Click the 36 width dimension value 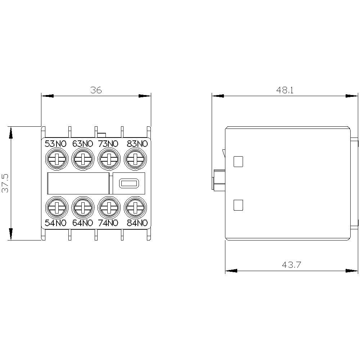pyautogui.click(x=96, y=90)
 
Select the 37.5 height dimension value pyautogui.click(x=5, y=183)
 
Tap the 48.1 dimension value pyautogui.click(x=285, y=90)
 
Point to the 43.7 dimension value pyautogui.click(x=291, y=265)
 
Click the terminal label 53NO pyautogui.click(x=55, y=144)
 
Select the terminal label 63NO pyautogui.click(x=82, y=144)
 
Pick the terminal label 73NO pyautogui.click(x=108, y=144)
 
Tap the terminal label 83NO pyautogui.click(x=137, y=144)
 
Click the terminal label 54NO pyautogui.click(x=55, y=223)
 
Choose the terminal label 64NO pyautogui.click(x=82, y=223)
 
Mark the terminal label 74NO pyautogui.click(x=108, y=223)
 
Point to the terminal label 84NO pyautogui.click(x=137, y=223)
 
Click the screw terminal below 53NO pyautogui.click(x=56, y=159)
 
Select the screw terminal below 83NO pyautogui.click(x=135, y=159)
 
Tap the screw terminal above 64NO pyautogui.click(x=83, y=207)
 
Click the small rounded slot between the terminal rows pyautogui.click(x=129, y=183)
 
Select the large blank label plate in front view pyautogui.click(x=78, y=183)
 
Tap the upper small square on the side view pyautogui.click(x=238, y=162)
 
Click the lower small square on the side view pyautogui.click(x=238, y=205)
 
